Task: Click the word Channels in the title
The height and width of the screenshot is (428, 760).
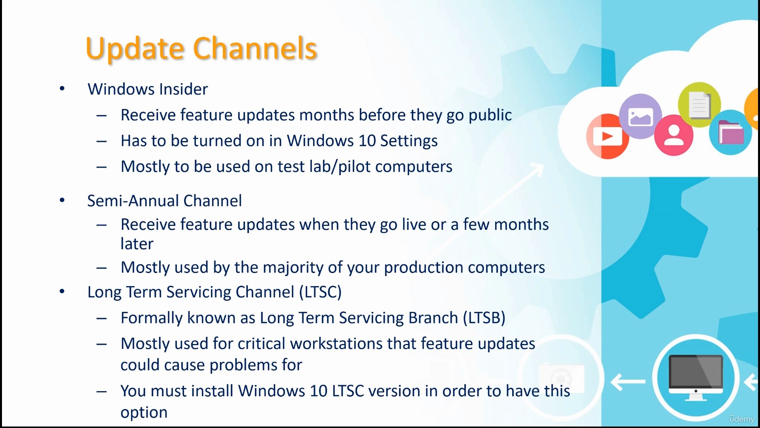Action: coord(255,48)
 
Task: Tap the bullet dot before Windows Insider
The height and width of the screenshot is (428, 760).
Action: coord(62,89)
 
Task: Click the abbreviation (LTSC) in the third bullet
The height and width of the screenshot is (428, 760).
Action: coord(320,292)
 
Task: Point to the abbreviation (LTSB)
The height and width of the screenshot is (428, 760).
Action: coord(484,318)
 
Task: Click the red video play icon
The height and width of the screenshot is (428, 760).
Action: coord(608,136)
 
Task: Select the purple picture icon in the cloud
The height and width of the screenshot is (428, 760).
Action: coord(640,117)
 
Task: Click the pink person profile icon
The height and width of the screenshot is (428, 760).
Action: coord(674,135)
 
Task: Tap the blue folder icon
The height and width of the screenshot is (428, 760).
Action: coord(731,132)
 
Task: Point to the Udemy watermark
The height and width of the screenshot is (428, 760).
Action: coord(742,419)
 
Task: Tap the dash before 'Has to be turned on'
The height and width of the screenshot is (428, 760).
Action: coord(101,141)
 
